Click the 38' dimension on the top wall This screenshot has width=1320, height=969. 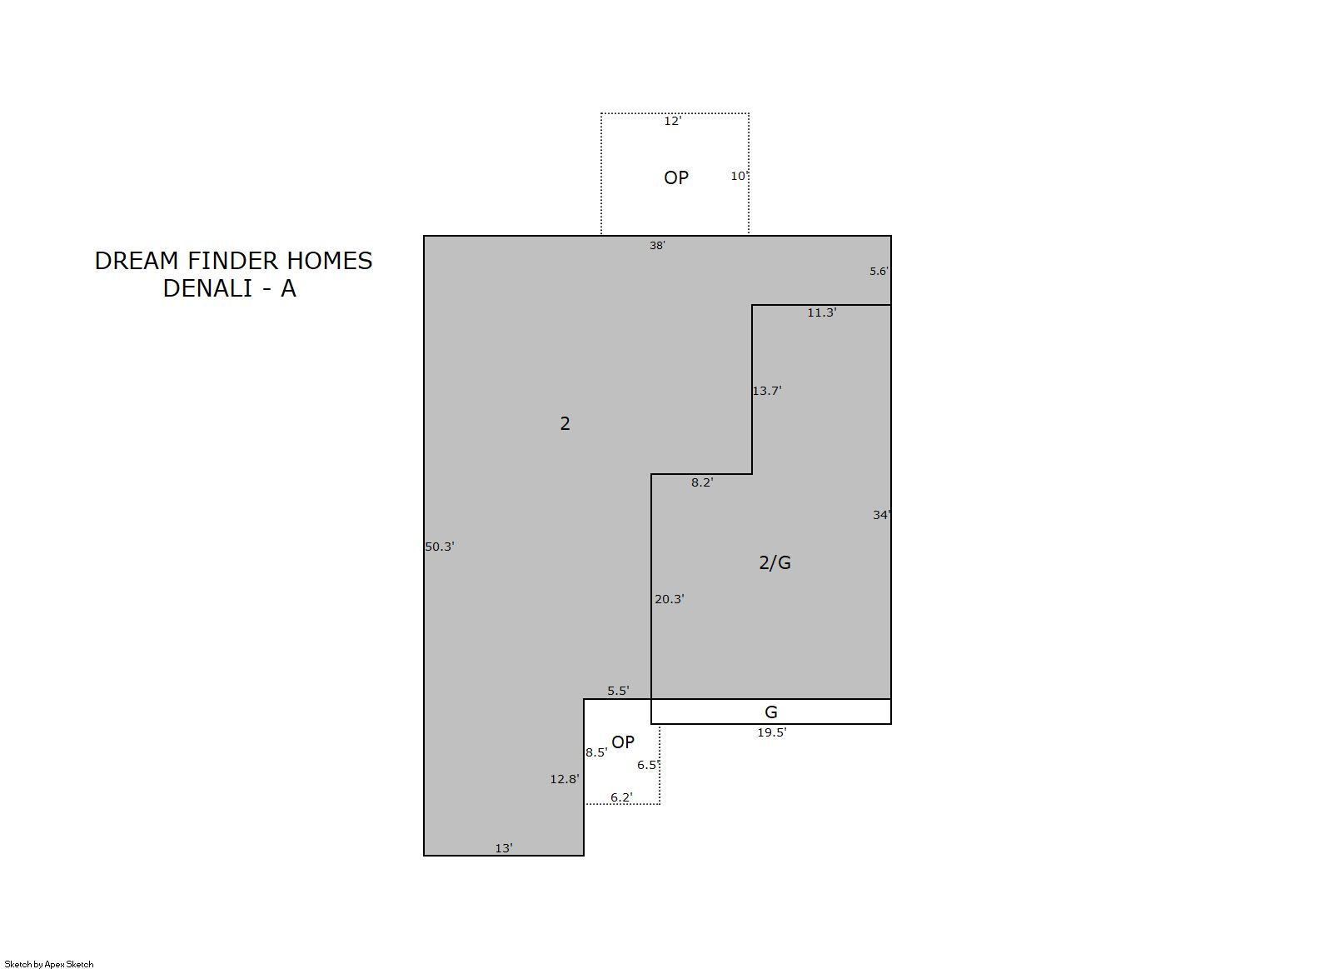pyautogui.click(x=657, y=245)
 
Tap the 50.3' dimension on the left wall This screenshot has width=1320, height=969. pyautogui.click(x=440, y=547)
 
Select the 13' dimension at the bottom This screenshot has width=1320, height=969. pyautogui.click(x=503, y=848)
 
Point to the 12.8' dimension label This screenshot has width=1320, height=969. pyautogui.click(x=565, y=779)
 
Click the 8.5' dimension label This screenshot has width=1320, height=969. pyautogui.click(x=596, y=752)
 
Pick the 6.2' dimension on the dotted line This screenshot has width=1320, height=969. pyautogui.click(x=621, y=797)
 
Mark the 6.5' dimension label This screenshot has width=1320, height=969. pyautogui.click(x=648, y=765)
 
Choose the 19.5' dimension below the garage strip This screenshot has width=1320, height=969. pyautogui.click(x=772, y=732)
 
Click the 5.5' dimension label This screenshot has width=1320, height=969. pyautogui.click(x=618, y=690)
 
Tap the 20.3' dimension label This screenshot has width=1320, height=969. pyautogui.click(x=670, y=599)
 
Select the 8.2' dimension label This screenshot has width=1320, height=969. pyautogui.click(x=702, y=482)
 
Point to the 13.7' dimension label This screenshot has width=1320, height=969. pyautogui.click(x=767, y=390)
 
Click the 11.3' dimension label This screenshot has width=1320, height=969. pyautogui.click(x=822, y=312)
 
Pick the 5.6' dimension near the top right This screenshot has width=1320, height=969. pyautogui.click(x=879, y=271)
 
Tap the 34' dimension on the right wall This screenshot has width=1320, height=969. pyautogui.click(x=882, y=515)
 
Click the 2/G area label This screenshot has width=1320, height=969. pyautogui.click(x=775, y=562)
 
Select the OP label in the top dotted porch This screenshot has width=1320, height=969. pyautogui.click(x=676, y=177)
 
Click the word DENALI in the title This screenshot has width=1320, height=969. pyautogui.click(x=208, y=288)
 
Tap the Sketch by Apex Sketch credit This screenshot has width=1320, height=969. pyautogui.click(x=49, y=964)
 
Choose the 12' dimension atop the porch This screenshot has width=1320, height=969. pyautogui.click(x=672, y=121)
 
